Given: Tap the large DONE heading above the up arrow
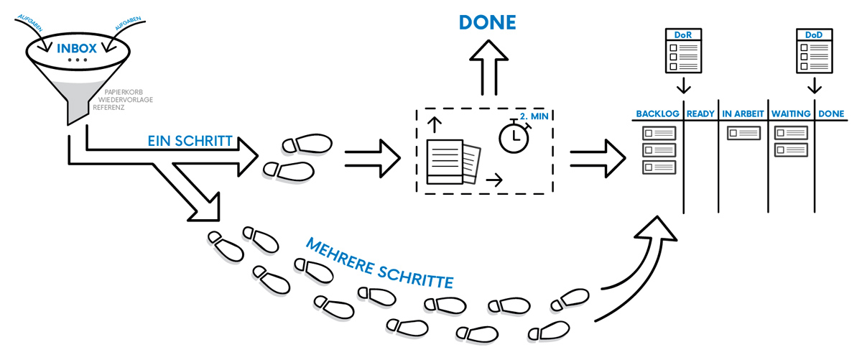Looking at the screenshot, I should (488, 22).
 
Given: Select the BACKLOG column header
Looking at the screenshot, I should (657, 114).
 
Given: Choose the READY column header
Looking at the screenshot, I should (700, 114).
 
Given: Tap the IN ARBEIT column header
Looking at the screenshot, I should (743, 114).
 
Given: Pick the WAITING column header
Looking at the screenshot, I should (791, 114).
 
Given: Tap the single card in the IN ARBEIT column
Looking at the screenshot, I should (743, 133).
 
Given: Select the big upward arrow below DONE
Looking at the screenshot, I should (488, 73).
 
